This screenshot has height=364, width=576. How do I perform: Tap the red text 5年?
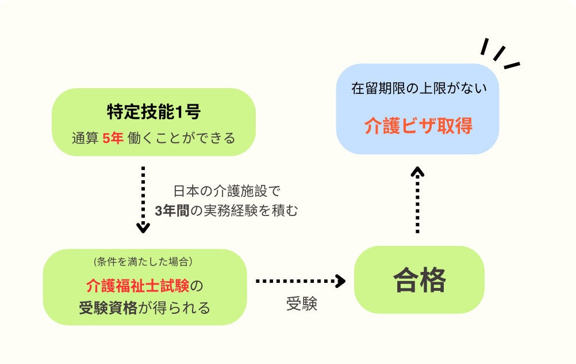click(x=113, y=139)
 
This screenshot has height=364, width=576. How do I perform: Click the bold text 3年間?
click(x=172, y=211)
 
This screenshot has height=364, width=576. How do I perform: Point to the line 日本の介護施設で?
click(x=226, y=191)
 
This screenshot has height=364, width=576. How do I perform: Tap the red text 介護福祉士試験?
click(x=137, y=285)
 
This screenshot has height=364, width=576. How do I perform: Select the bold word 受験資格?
click(x=108, y=308)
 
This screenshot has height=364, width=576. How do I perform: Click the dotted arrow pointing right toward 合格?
click(x=299, y=281)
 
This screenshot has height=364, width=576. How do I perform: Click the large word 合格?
click(x=419, y=280)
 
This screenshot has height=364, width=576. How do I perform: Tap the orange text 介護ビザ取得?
click(x=418, y=126)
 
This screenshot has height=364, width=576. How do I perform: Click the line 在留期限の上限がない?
click(x=418, y=89)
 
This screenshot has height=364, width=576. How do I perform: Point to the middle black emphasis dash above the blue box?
click(x=499, y=53)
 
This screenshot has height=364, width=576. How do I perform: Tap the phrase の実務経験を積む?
click(x=244, y=211)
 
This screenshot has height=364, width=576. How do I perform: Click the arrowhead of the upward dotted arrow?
click(x=418, y=171)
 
